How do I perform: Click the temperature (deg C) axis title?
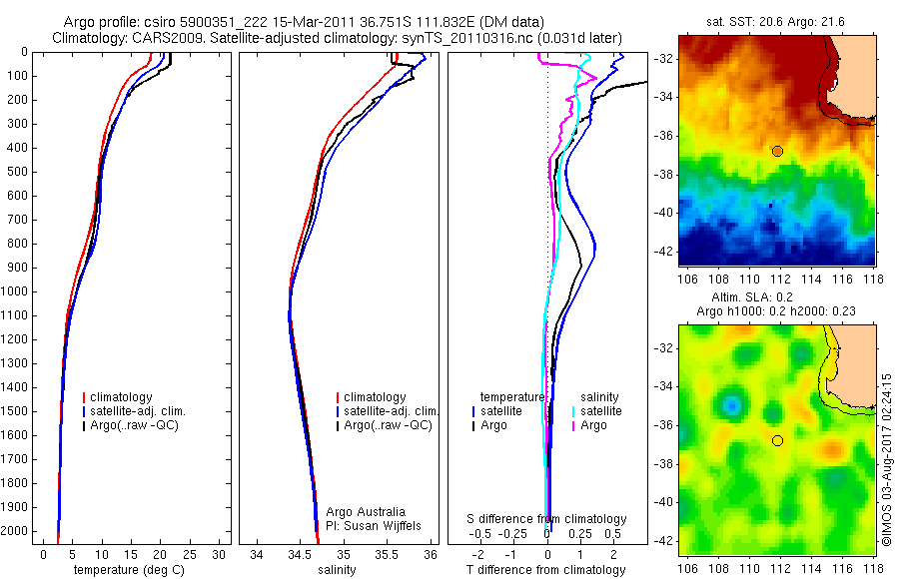(128, 570)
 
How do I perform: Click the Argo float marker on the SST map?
(777, 151)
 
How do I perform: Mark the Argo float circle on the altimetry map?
(777, 440)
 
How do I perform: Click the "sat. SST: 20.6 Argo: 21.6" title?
(776, 22)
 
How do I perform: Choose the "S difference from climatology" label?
(547, 519)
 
